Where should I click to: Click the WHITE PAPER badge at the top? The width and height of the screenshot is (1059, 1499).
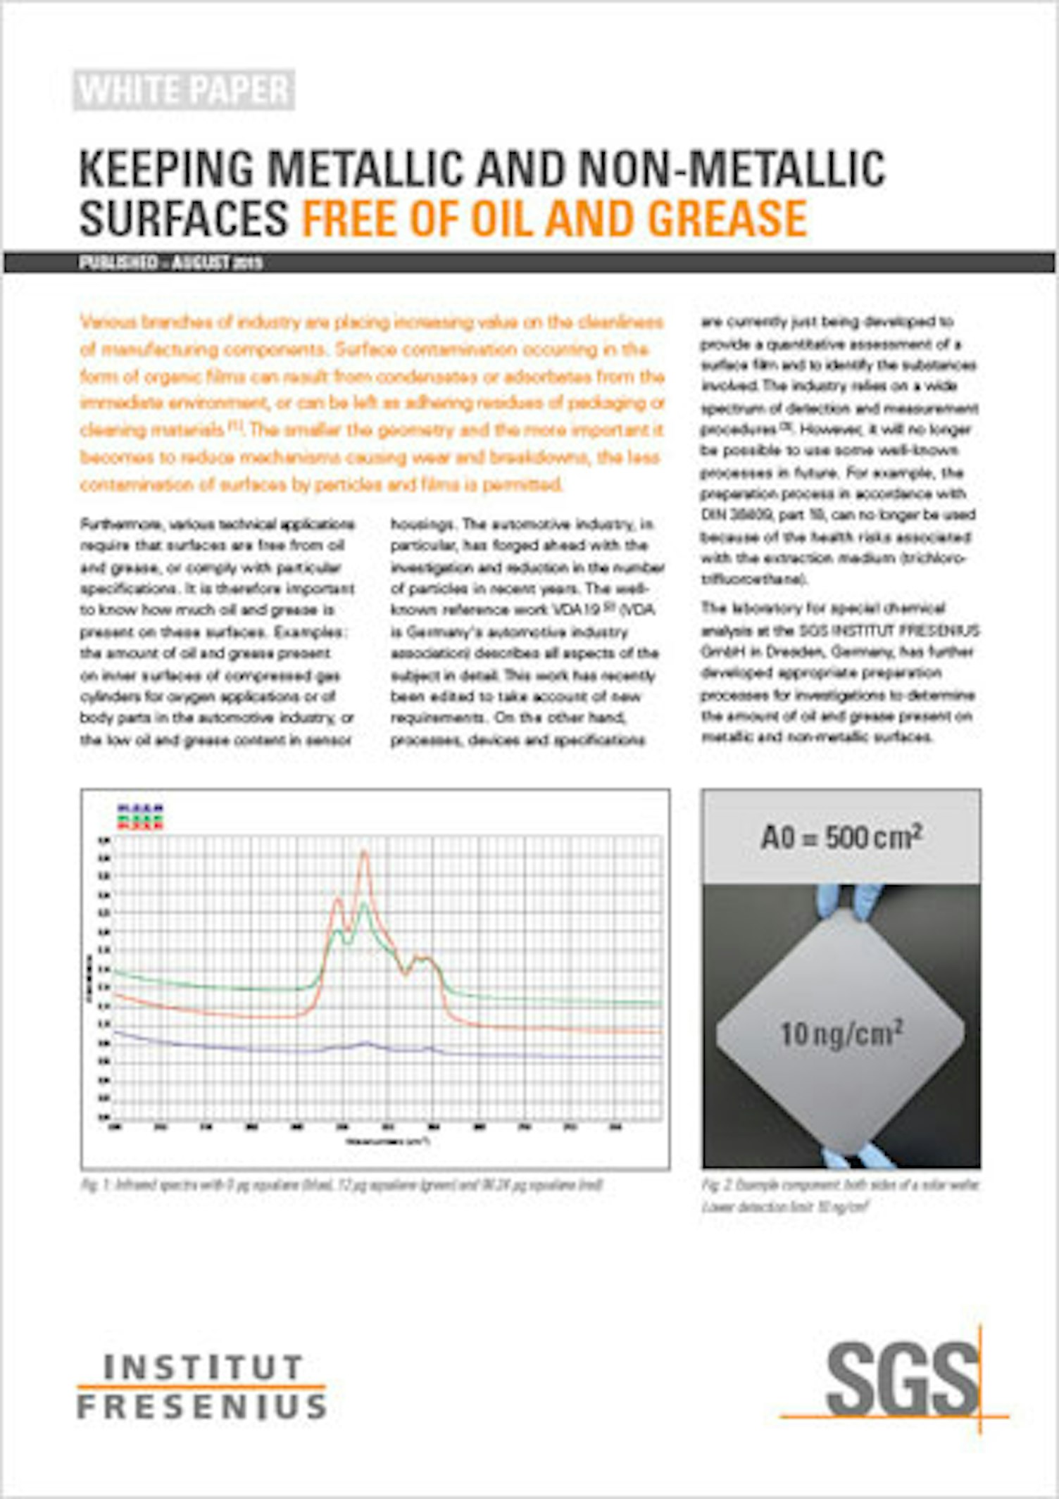184,90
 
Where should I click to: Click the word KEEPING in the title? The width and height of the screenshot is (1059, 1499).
165,169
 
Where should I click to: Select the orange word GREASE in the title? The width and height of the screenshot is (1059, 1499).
727,218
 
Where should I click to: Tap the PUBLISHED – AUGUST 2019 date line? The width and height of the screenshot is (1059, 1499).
170,263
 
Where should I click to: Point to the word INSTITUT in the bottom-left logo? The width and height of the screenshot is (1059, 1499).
203,1367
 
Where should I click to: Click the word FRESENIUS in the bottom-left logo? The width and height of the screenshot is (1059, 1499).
201,1407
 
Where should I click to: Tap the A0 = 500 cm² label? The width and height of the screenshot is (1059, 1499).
841,837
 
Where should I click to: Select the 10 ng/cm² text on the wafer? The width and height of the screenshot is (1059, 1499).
841,1034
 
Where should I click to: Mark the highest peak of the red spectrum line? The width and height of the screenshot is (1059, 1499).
364,853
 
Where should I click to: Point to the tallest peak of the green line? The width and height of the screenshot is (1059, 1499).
364,905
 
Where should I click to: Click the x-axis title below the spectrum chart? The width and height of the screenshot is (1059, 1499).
387,1141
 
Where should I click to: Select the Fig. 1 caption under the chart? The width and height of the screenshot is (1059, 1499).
341,1185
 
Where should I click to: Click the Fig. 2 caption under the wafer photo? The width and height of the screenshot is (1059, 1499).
840,1196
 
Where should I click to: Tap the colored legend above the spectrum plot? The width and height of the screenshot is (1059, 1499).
140,817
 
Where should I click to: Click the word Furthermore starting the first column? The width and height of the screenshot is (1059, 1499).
111,525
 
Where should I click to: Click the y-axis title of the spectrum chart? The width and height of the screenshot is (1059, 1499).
89,977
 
